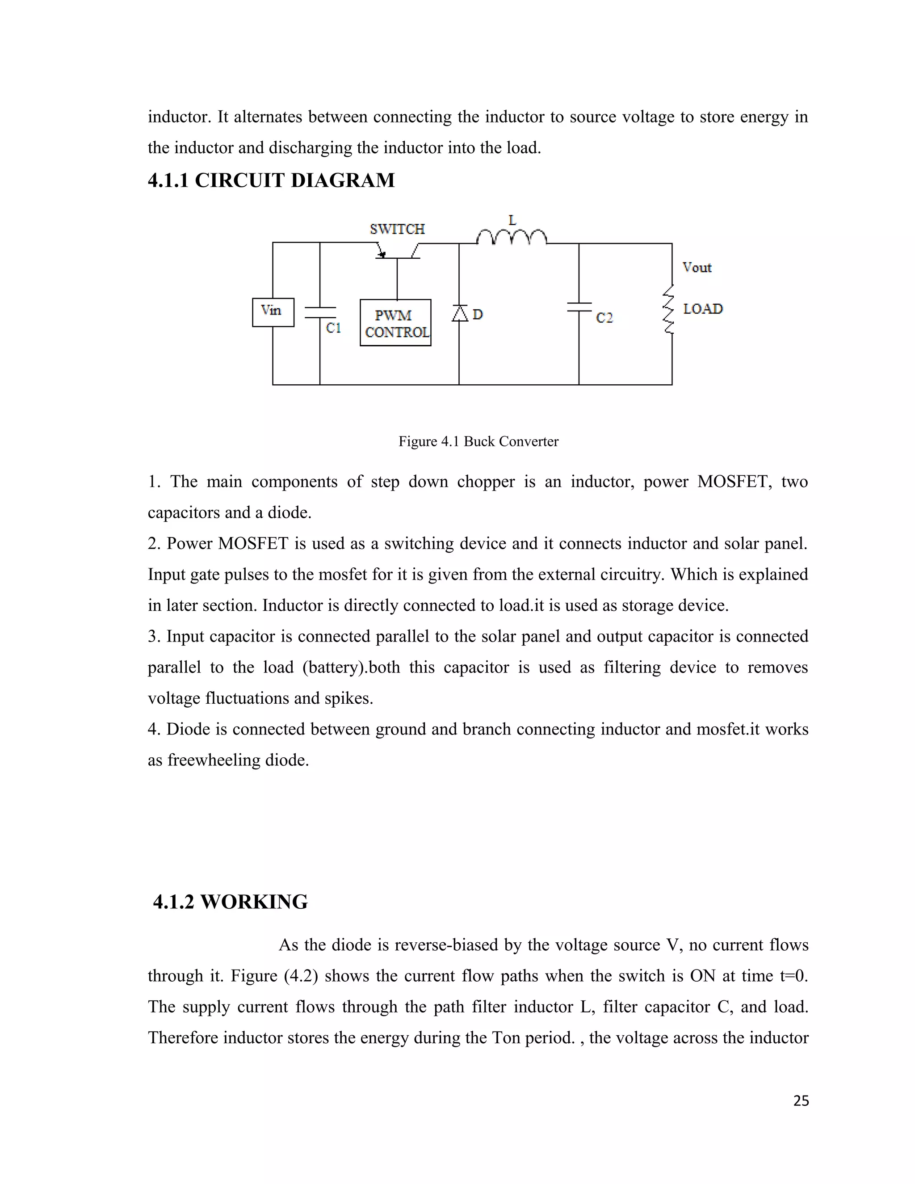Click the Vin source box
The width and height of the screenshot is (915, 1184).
(x=273, y=312)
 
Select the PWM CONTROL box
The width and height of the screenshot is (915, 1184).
(x=395, y=323)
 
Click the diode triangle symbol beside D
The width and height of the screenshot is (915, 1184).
(x=460, y=313)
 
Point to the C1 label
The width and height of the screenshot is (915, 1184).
(x=333, y=328)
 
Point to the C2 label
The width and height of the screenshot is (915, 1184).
(x=604, y=318)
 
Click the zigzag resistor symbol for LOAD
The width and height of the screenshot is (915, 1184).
(x=669, y=310)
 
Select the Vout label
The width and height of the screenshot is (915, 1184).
(x=697, y=267)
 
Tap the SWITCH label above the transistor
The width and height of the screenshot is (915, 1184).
(x=397, y=229)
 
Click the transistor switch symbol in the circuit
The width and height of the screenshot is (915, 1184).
(x=397, y=252)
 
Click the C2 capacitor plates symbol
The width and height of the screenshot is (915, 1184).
(x=579, y=307)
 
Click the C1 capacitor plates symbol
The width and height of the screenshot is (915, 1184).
(x=320, y=312)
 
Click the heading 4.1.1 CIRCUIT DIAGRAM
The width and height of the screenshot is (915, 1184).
(x=271, y=181)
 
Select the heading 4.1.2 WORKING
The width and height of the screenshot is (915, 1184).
(x=231, y=902)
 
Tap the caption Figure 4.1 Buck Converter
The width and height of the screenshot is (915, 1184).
(x=478, y=441)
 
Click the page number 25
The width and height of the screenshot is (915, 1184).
(x=801, y=1101)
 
